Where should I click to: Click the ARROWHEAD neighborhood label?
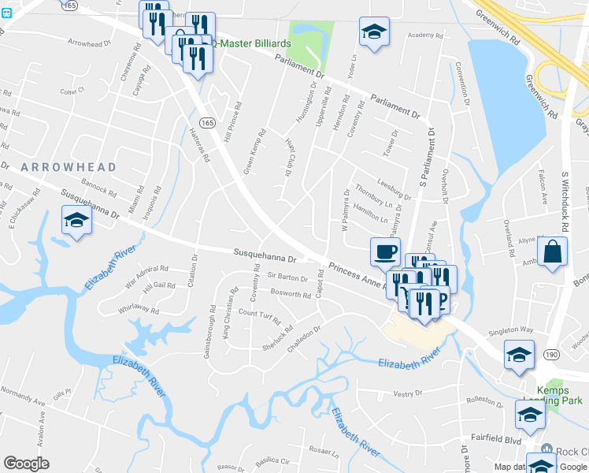pyautogui.click(x=69, y=167)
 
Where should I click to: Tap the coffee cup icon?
pyautogui.click(x=385, y=251)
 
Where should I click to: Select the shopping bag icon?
pyautogui.click(x=553, y=252)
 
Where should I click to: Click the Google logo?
pyautogui.click(x=26, y=464)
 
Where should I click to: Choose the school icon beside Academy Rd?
pyautogui.click(x=374, y=32)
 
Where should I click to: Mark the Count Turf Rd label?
pyautogui.click(x=259, y=314)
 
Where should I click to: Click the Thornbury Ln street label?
pyautogui.click(x=373, y=190)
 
